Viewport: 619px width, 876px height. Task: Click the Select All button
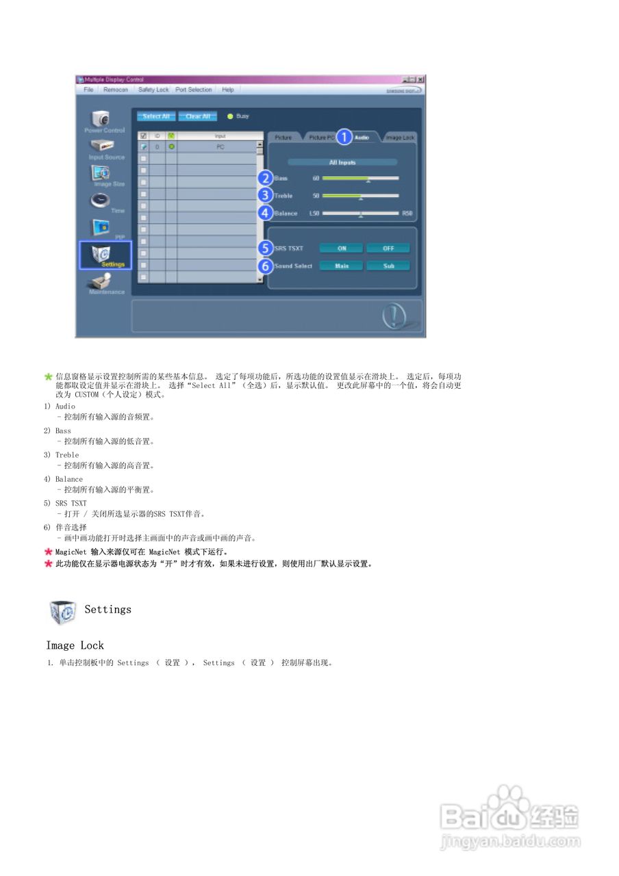pos(156,116)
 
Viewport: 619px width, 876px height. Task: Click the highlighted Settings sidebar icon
pos(105,254)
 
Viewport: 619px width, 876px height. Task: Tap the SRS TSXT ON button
pos(342,248)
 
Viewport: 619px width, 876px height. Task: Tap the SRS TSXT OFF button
pos(388,248)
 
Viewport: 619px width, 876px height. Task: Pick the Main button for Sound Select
pos(342,266)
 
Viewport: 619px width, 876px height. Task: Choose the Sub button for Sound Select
pos(388,266)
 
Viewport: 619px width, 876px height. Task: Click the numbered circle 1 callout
pos(344,137)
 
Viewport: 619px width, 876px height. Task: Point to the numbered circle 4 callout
pos(266,213)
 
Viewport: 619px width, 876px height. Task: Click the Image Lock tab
pos(400,138)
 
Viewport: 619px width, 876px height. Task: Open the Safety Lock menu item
pos(153,90)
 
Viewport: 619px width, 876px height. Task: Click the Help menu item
pos(228,90)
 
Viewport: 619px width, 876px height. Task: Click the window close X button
pos(420,79)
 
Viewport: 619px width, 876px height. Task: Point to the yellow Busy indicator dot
pos(230,116)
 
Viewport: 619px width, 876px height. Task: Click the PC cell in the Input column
pos(220,146)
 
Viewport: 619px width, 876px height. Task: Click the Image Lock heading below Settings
pos(75,645)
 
